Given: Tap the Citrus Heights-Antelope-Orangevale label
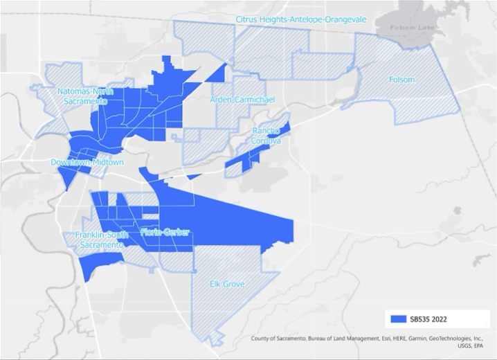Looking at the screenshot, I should click(x=300, y=19).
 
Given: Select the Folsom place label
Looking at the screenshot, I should click(x=401, y=80).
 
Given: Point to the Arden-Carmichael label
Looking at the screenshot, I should click(x=242, y=100).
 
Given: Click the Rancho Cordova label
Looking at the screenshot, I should click(x=266, y=136).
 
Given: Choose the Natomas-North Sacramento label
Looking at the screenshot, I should click(x=81, y=96).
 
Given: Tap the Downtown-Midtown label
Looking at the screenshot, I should click(x=87, y=163).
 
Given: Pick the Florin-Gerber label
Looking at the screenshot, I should click(x=165, y=232).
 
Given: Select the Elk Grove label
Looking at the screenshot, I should click(x=227, y=284).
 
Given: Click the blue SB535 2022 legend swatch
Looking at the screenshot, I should click(x=399, y=318).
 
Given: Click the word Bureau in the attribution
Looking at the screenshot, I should click(x=319, y=339).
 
